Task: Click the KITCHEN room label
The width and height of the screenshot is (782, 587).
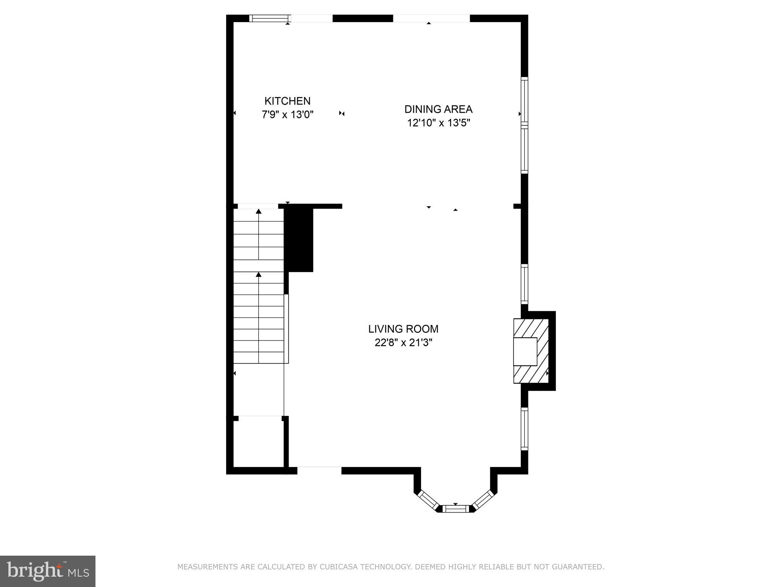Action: click(x=287, y=101)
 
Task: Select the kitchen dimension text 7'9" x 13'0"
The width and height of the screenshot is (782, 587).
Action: click(x=287, y=115)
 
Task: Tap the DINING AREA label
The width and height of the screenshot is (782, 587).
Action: click(x=438, y=109)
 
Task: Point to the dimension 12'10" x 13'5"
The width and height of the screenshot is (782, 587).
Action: click(x=438, y=123)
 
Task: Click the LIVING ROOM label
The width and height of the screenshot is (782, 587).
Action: click(x=403, y=329)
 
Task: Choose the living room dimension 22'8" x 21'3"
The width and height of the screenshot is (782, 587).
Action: click(x=403, y=343)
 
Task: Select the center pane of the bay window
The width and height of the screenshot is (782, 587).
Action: click(x=455, y=509)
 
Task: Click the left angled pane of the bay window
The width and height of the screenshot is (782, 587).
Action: click(x=428, y=500)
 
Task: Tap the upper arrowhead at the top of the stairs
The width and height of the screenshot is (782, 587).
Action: click(x=259, y=211)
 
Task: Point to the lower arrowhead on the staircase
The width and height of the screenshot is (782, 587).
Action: click(x=259, y=274)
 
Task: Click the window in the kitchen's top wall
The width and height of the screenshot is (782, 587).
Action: click(x=270, y=18)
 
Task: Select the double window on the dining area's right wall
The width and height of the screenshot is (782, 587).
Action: click(x=525, y=125)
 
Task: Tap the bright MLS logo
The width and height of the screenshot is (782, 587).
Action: click(x=48, y=571)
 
